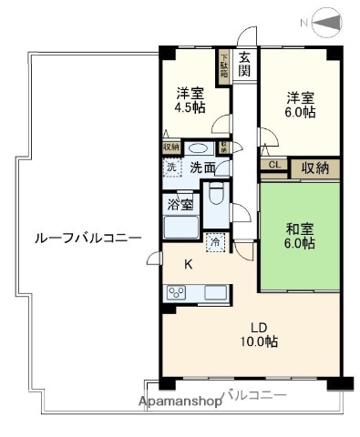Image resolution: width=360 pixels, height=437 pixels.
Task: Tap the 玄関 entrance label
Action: [x=244, y=64]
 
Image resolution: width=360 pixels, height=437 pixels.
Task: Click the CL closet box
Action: [x=273, y=165]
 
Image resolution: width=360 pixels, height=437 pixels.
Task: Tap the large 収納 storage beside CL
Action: [x=315, y=168]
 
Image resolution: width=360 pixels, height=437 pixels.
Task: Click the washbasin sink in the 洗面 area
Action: [x=200, y=147]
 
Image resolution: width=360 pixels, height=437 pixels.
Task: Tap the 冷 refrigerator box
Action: [x=214, y=242]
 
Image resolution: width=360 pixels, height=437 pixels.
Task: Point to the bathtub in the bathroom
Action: [x=180, y=227]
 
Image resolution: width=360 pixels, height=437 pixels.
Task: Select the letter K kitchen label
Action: [x=190, y=264]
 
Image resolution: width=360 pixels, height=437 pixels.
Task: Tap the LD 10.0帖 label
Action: [x=259, y=334]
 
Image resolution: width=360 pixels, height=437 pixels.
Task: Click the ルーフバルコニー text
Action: [x=87, y=237]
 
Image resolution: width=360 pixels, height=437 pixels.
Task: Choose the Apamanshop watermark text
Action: [x=180, y=401]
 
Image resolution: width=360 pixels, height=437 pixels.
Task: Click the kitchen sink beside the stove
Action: [x=215, y=292]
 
